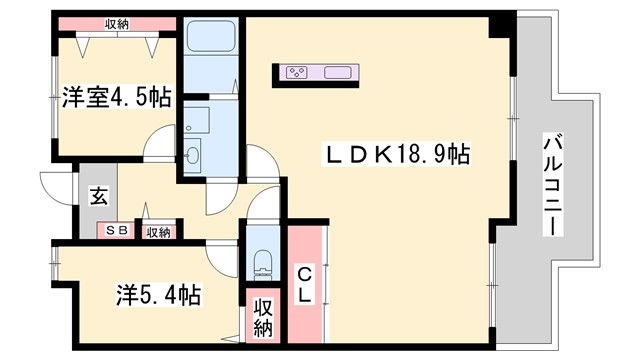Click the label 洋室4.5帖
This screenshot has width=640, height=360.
click(x=117, y=98)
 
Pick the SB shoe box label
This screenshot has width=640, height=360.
click(x=116, y=231)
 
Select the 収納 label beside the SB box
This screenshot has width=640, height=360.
click(x=157, y=232)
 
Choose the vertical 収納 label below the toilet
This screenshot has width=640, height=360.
click(x=263, y=316)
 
